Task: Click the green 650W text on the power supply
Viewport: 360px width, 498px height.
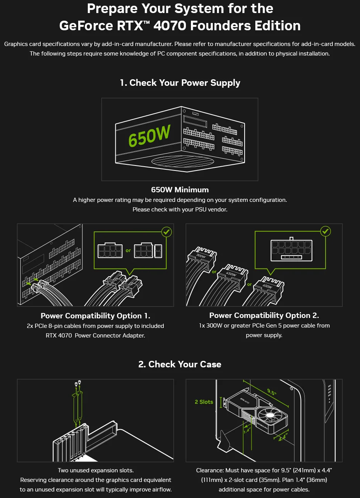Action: click(149, 135)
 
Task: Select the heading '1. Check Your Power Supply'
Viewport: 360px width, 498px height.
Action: click(180, 83)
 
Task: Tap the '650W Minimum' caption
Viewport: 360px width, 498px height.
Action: click(180, 190)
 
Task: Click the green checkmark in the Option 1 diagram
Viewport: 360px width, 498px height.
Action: click(166, 232)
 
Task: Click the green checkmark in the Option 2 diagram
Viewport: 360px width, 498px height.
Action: click(325, 231)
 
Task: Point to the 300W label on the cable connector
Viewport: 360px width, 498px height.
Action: click(201, 256)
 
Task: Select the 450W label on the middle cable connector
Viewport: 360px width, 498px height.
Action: click(231, 274)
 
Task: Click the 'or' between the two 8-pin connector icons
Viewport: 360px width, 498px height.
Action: click(128, 251)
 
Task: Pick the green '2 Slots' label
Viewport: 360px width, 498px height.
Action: click(204, 402)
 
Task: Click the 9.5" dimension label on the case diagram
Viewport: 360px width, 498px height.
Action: click(272, 392)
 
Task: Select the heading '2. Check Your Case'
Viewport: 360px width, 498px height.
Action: click(180, 364)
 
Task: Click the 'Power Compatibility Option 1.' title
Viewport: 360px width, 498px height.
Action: click(95, 316)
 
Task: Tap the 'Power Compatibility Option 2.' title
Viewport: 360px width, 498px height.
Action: click(264, 315)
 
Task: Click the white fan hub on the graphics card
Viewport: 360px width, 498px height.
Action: click(270, 415)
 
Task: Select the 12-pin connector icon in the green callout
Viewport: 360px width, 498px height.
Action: click(291, 249)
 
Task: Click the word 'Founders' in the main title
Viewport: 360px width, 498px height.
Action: click(221, 25)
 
